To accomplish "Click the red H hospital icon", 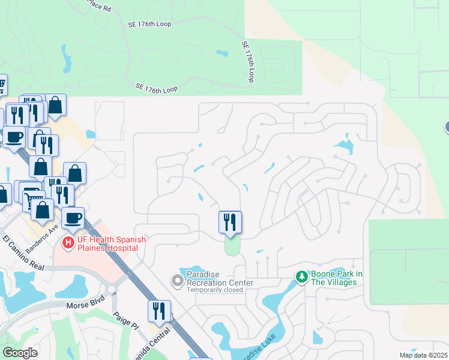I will pyautogui.click(x=68, y=243).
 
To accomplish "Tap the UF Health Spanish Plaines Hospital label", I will pyautogui.click(x=106, y=244).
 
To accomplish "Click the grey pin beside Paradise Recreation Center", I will pyautogui.click(x=177, y=280).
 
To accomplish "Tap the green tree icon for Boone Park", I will pyautogui.click(x=302, y=277).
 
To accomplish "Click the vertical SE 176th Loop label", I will pyautogui.click(x=249, y=62).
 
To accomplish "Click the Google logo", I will pyautogui.click(x=20, y=353).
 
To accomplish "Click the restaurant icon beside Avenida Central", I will pyautogui.click(x=159, y=311).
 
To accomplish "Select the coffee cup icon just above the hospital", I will pyautogui.click(x=73, y=218).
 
